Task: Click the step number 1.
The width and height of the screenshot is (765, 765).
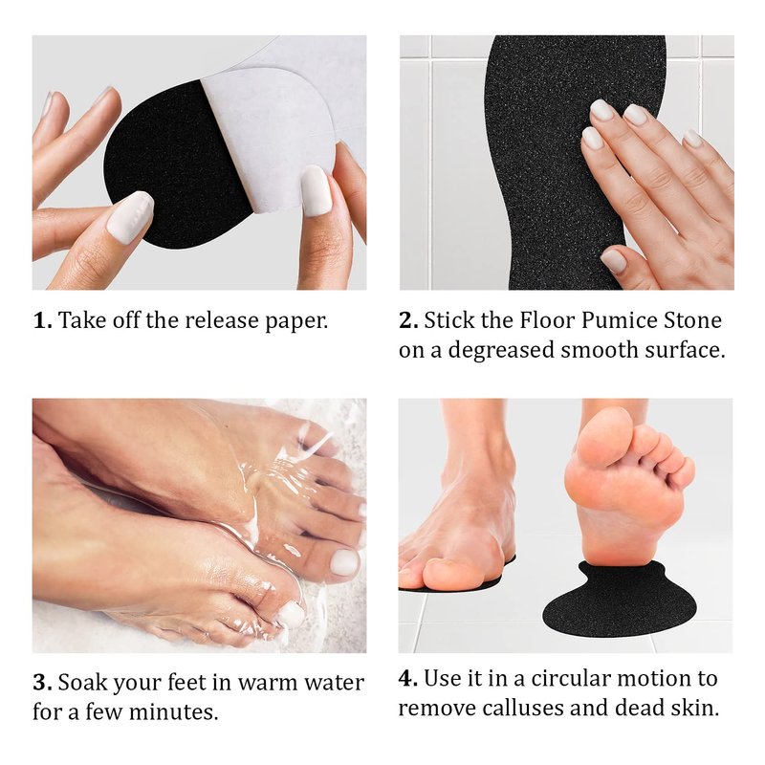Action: coord(42,320)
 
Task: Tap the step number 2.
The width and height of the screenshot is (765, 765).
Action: coord(409,320)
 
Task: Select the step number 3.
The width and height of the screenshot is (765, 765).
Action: coord(42,682)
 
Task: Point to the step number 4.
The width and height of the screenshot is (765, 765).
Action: coord(408,678)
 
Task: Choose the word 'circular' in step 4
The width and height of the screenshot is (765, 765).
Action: coord(567,678)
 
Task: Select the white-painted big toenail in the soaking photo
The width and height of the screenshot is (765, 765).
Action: coord(344,562)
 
